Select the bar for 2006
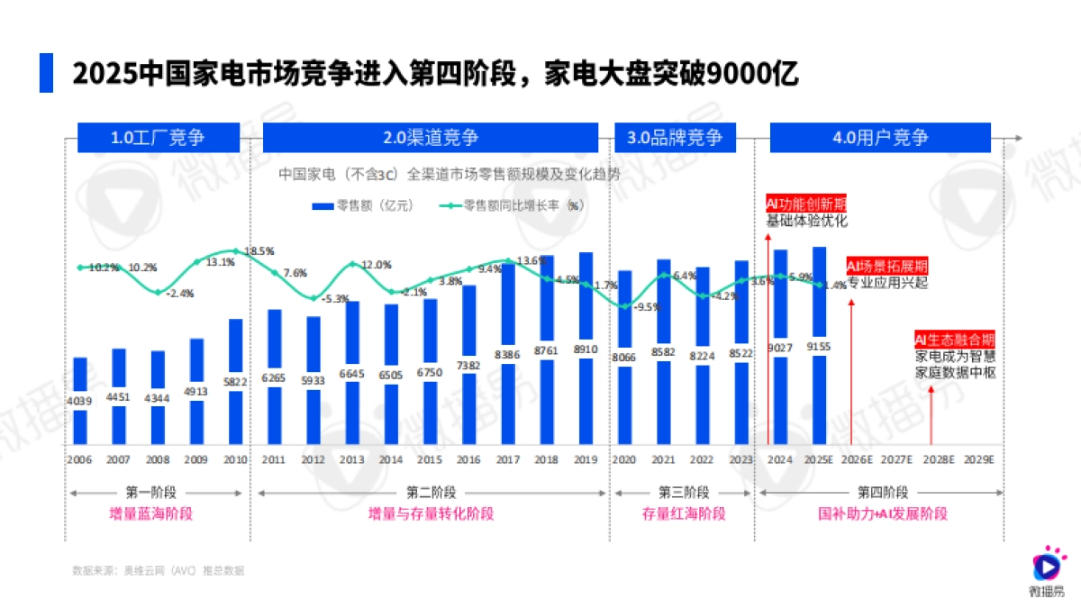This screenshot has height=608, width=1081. (80, 401)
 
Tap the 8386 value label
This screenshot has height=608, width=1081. (508, 355)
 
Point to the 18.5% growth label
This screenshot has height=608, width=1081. (259, 250)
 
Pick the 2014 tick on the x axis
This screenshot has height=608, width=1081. (391, 458)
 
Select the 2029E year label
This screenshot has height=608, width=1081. (978, 458)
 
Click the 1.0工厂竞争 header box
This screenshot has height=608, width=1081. (158, 138)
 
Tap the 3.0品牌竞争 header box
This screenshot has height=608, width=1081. (675, 138)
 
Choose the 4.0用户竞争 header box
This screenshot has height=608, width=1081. (881, 138)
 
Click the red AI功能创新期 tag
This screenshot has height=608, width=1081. (805, 204)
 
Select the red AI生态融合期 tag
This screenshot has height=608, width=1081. (954, 340)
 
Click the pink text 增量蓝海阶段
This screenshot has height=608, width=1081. (158, 513)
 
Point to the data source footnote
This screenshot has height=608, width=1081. (158, 570)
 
